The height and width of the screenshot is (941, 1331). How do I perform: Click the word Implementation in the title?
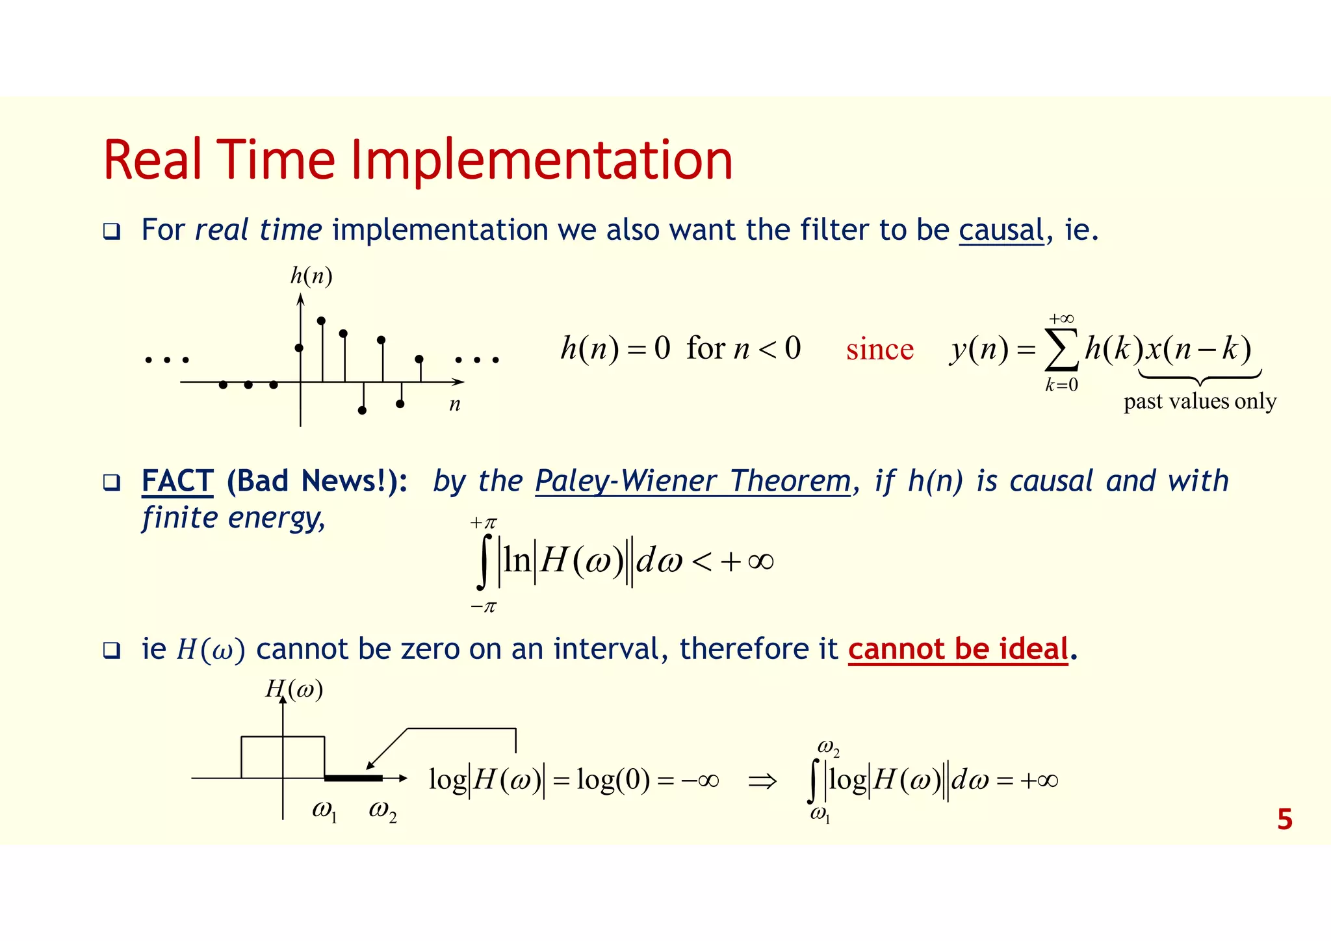point(541,161)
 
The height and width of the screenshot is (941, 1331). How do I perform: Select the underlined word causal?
point(1001,230)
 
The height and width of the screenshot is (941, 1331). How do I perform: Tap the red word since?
point(879,350)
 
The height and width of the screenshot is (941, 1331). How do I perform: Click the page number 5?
point(1284,819)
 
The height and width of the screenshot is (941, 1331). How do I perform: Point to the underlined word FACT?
point(177,482)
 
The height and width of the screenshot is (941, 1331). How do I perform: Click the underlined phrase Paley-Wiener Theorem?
point(693,482)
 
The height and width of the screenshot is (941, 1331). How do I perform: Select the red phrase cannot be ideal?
point(958,649)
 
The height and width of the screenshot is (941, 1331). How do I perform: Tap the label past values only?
point(1200,402)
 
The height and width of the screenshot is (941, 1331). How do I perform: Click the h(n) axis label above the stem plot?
point(311,276)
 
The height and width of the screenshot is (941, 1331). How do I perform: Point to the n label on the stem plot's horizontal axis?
point(455,405)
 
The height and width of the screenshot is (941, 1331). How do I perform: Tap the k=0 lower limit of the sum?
point(1061,385)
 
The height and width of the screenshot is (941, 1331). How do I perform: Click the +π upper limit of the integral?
point(484,522)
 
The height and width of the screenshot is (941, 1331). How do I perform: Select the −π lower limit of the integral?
point(484,607)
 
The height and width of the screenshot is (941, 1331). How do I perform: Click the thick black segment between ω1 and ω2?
point(353,778)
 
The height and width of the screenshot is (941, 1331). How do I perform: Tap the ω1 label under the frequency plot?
point(324,811)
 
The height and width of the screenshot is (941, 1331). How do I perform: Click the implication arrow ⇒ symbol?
point(762,780)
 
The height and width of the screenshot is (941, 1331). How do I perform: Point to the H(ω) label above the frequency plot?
point(294,689)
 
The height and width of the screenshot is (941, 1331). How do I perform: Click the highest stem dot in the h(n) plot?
point(321,320)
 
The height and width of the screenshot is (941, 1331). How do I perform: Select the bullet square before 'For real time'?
point(112,231)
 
